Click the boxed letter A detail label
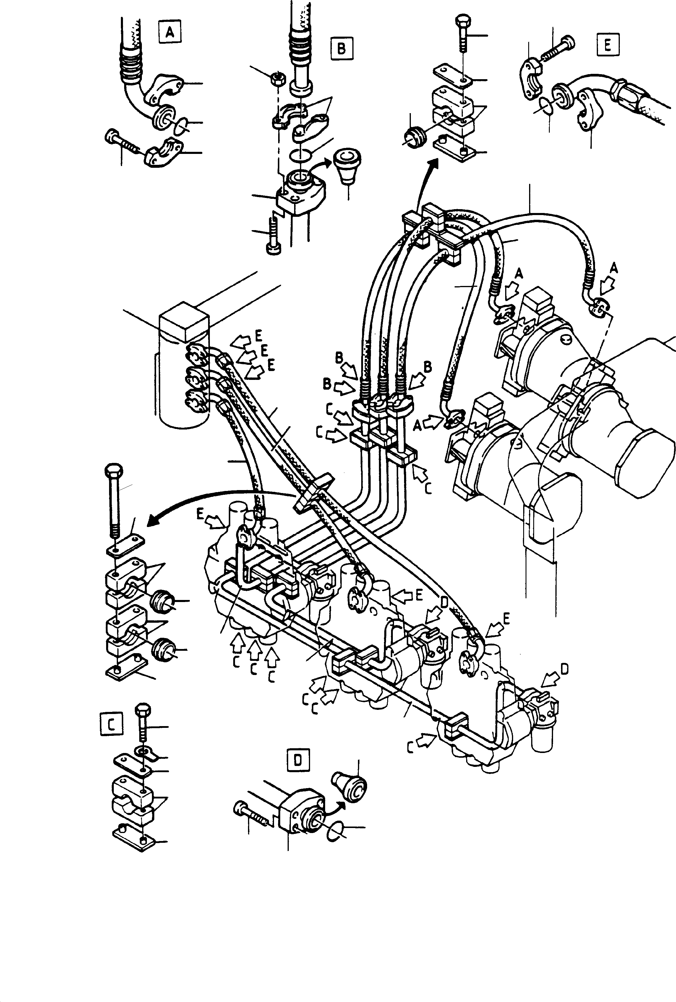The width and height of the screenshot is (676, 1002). [x=170, y=32]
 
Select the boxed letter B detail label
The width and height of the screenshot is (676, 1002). [x=341, y=48]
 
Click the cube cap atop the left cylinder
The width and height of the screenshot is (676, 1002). [x=184, y=323]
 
